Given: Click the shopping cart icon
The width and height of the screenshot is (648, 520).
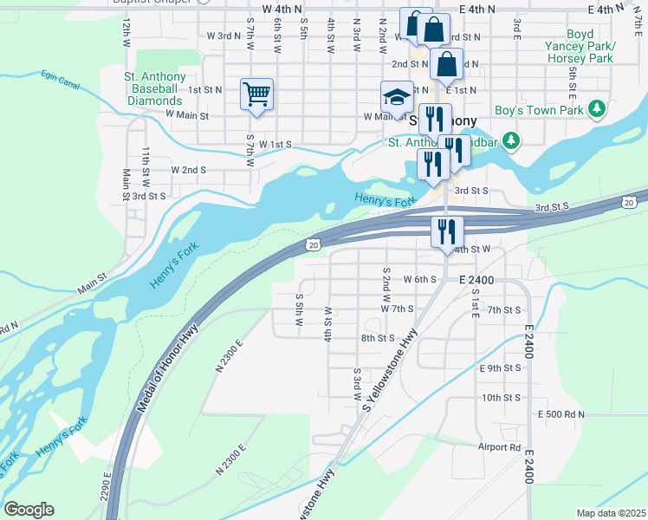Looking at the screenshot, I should [x=256, y=93].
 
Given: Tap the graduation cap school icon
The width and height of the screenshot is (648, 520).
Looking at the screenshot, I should [x=397, y=96].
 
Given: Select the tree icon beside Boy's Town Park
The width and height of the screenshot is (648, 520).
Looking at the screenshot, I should [x=595, y=109].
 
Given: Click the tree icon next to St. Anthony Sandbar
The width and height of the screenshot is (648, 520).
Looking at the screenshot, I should [x=511, y=140].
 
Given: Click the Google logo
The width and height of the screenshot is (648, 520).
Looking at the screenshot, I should [x=29, y=510].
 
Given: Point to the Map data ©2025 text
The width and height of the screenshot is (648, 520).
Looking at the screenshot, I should [x=611, y=513].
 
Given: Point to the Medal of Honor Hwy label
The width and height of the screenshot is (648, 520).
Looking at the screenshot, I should [x=165, y=369].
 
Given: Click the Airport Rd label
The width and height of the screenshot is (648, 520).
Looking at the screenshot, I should [x=499, y=447].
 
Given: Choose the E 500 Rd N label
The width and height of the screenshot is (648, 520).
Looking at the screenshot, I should [x=561, y=415].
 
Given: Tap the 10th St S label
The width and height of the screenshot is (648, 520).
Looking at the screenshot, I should [x=501, y=398].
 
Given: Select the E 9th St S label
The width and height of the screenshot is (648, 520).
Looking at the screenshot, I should [x=501, y=368].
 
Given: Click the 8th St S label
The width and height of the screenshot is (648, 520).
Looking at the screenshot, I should [x=378, y=338].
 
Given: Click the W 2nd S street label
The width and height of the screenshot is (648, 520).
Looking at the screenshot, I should [x=189, y=170].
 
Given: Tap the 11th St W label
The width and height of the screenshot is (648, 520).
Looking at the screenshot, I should [x=146, y=161].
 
